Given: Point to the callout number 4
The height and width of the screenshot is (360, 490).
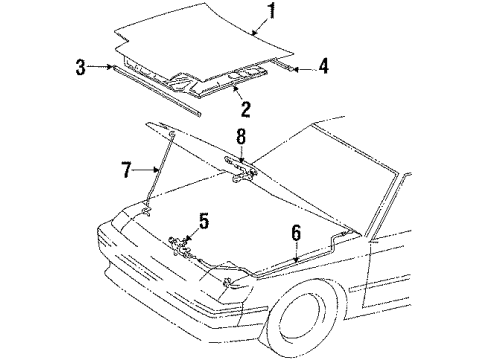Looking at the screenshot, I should click(x=323, y=68).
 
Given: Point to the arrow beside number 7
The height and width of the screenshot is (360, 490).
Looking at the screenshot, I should click(x=145, y=172).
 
